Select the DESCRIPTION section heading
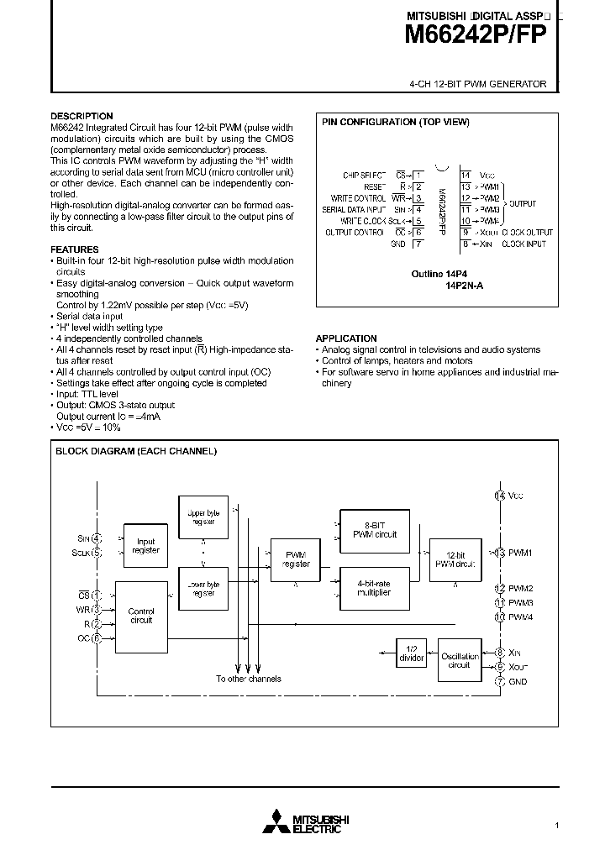pos(82,116)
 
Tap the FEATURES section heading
pos(75,249)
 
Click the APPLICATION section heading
pos(346,338)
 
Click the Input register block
pos(145,547)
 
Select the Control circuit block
pos(140,617)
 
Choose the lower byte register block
pos(203,588)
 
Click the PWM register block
pos(296,559)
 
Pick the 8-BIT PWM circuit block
pos(374,529)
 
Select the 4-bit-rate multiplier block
pos(374,588)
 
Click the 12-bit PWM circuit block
pos(455,559)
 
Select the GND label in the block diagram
pos(518,681)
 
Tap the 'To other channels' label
pos(248,679)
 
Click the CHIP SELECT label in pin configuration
pos(363,175)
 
